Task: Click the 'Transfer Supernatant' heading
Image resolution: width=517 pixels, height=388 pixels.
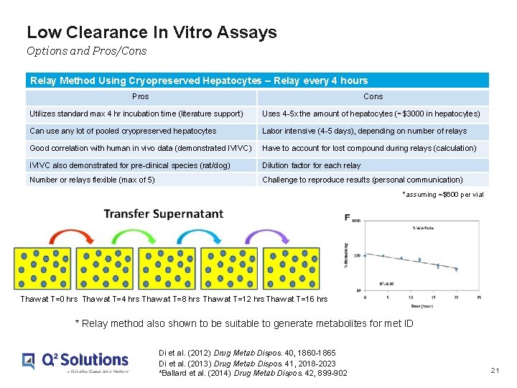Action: (163, 214)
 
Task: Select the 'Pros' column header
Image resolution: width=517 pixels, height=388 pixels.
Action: (141, 96)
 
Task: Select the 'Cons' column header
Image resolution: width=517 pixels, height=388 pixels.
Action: (373, 96)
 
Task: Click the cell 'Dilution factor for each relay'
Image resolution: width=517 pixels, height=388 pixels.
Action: (312, 165)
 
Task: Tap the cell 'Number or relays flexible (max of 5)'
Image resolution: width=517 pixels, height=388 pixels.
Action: (92, 180)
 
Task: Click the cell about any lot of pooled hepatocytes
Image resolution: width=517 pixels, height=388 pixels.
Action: (123, 131)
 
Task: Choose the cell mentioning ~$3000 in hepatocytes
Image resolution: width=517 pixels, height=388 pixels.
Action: (371, 114)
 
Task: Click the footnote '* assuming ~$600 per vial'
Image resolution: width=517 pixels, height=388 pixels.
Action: (443, 195)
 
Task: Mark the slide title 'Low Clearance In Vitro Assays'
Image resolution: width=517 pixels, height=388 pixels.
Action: (152, 32)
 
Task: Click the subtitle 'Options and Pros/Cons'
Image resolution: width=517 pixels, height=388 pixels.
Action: (86, 50)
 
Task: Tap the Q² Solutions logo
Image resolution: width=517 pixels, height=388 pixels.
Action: (75, 361)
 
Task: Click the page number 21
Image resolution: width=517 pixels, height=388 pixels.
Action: (494, 370)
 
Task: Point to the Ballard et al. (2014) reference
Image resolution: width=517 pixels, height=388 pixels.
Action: (252, 373)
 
